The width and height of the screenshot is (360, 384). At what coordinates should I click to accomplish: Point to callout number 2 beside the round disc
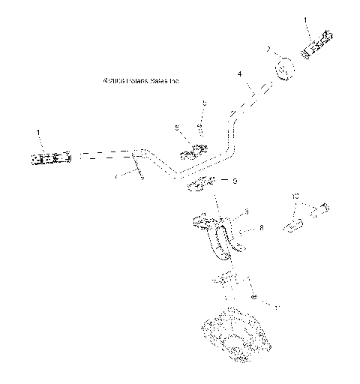click(x=267, y=49)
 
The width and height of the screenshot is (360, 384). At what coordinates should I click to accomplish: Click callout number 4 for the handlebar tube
click(x=239, y=74)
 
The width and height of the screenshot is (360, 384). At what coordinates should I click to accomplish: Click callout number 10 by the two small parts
click(x=295, y=196)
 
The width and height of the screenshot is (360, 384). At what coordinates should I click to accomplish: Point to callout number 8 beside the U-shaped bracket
click(x=260, y=227)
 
